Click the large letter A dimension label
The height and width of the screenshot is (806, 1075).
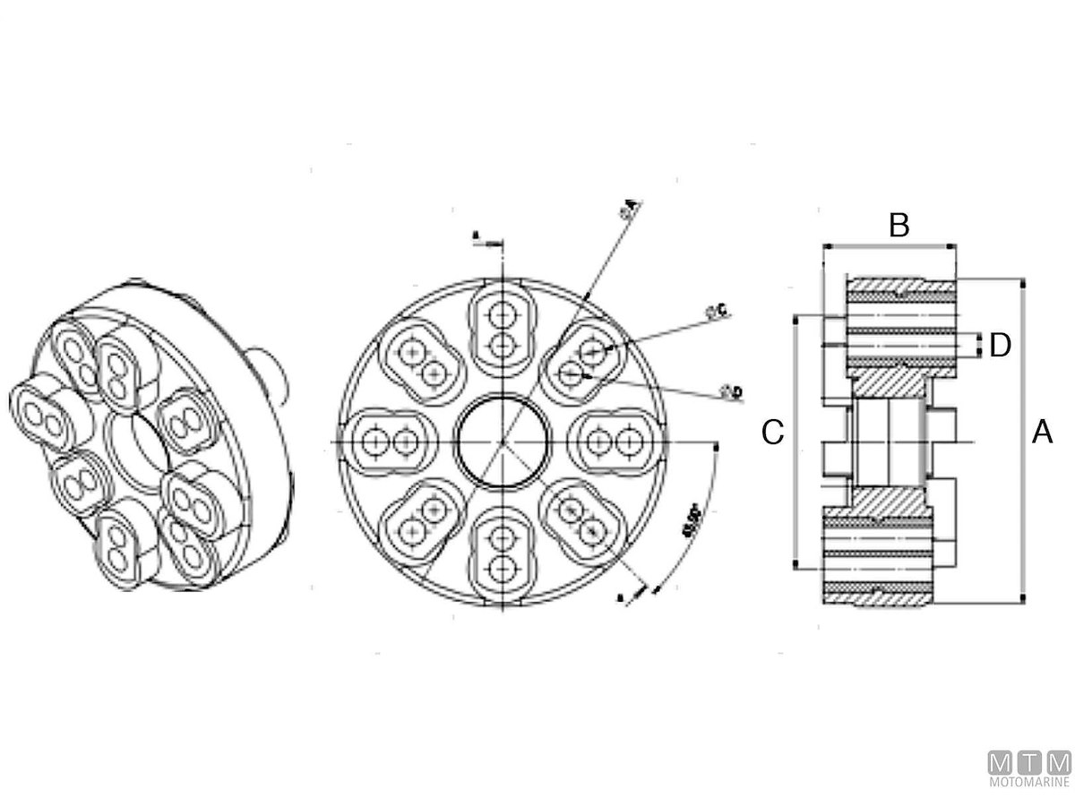click(x=1042, y=433)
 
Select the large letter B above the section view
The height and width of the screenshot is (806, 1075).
click(x=899, y=226)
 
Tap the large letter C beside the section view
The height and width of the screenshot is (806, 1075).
click(x=773, y=433)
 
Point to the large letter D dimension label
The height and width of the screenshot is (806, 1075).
click(x=1001, y=345)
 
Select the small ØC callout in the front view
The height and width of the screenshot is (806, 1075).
click(x=718, y=311)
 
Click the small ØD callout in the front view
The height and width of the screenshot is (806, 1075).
click(x=730, y=390)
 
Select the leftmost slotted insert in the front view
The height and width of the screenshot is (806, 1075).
click(x=391, y=441)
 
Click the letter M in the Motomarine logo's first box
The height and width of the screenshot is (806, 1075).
click(x=1000, y=763)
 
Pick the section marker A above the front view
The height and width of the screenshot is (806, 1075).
click(x=477, y=236)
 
